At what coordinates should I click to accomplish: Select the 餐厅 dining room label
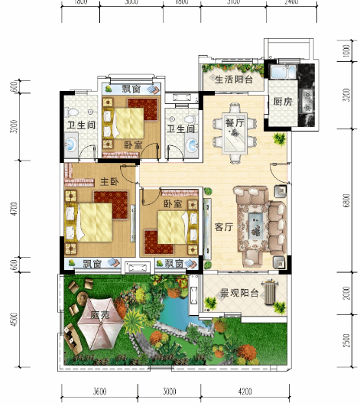[x=234, y=122]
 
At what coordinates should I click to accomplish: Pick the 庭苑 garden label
[x=100, y=314]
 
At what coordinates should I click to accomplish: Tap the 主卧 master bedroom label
[x=108, y=181]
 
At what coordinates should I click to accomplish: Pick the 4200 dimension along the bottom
[x=245, y=391]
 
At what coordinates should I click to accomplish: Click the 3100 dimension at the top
[x=234, y=2]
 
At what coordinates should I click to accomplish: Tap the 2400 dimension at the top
[x=291, y=2]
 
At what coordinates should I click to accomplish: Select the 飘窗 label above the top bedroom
[x=131, y=89]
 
